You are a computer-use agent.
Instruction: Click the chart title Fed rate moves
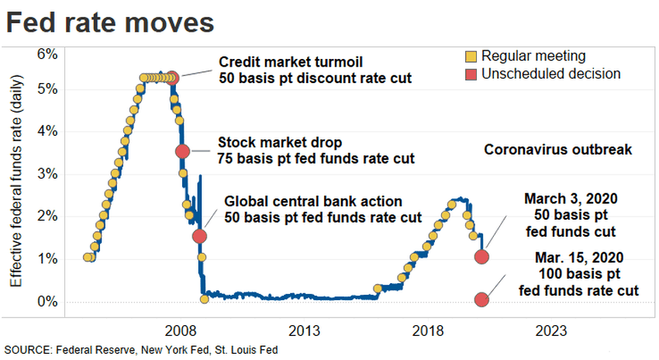tap(110, 22)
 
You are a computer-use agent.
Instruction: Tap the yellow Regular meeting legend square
tap(471, 57)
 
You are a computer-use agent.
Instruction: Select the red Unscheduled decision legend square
tap(471, 74)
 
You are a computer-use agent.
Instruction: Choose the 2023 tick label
tap(556, 329)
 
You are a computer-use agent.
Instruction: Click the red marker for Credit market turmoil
tap(173, 78)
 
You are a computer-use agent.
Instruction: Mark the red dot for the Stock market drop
tap(183, 151)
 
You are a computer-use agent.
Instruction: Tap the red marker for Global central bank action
tap(199, 236)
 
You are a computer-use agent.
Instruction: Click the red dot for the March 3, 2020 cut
tap(481, 257)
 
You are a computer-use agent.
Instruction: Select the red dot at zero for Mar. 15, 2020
tap(481, 300)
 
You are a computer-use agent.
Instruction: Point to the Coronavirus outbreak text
tap(559, 150)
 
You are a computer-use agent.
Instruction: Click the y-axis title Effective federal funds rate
tap(16, 175)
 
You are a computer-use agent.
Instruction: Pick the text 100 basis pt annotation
tap(578, 274)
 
